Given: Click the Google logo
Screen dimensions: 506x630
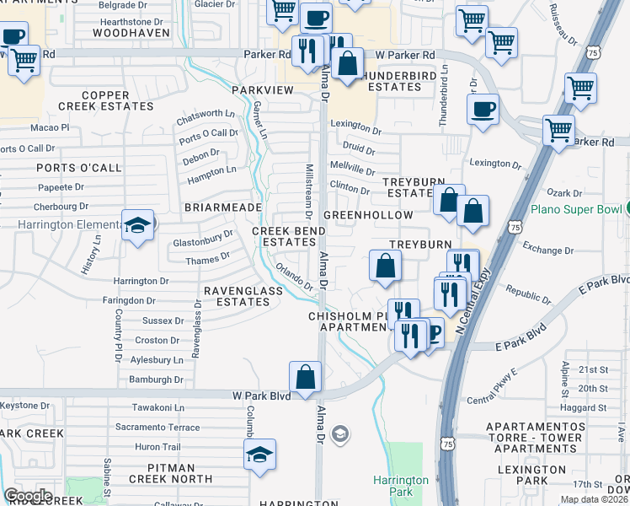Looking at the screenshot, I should (28, 496).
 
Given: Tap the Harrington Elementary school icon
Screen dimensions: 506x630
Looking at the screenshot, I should (137, 226).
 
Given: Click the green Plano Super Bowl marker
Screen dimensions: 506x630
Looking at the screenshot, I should (627, 208).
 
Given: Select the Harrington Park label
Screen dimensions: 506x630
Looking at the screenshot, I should (401, 486).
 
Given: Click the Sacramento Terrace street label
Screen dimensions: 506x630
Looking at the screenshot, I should (158, 428).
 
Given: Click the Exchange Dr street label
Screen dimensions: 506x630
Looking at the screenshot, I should (548, 250).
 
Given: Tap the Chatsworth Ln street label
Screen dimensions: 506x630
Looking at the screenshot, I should (206, 114).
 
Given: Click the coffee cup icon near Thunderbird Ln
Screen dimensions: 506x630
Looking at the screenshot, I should (483, 110).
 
